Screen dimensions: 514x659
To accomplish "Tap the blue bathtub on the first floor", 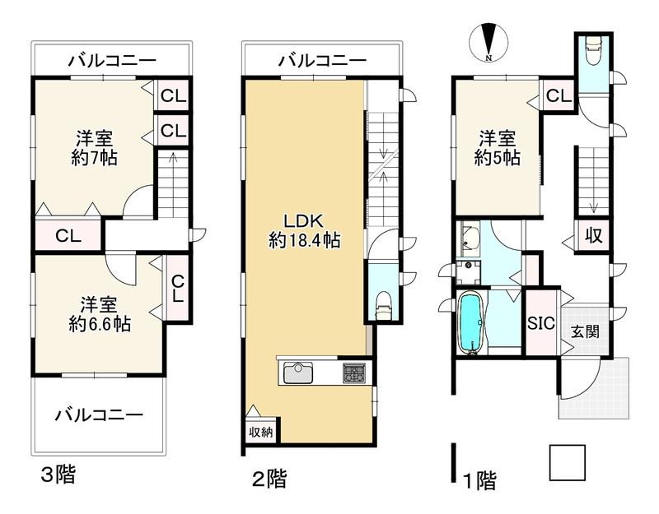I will (x=470, y=323).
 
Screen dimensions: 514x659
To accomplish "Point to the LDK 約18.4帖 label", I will (x=305, y=231).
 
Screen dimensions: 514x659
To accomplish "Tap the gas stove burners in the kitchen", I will (x=354, y=372).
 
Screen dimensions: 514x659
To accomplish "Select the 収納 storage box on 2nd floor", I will (x=260, y=430).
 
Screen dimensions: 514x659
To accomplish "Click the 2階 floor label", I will (x=270, y=478).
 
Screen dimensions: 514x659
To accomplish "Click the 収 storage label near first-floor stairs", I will (x=592, y=235).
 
